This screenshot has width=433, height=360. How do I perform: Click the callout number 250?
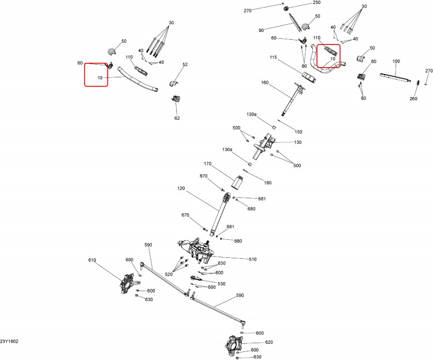coord(316,2)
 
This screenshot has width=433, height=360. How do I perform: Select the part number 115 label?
coord(273,58)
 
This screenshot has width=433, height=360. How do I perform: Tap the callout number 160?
coord(264,83)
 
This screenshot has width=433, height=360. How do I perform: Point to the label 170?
coord(207,164)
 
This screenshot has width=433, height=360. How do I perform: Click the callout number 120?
coord(181,188)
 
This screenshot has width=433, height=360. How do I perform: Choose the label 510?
coord(253,259)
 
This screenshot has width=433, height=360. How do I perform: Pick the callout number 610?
coord(92,260)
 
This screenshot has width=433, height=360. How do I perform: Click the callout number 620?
coord(269,342)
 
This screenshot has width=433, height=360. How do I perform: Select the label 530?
coord(222,284)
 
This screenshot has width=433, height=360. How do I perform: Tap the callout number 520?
coord(169,274)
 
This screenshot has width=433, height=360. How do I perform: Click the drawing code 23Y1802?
coord(9,342)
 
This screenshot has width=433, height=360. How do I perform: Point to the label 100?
coord(396,61)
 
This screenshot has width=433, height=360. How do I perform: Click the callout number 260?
coord(413,99)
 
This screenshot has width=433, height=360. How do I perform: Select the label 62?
coord(177,118)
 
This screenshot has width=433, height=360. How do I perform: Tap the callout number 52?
coord(185,65)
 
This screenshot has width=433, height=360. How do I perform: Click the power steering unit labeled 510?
coord(196,250)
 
